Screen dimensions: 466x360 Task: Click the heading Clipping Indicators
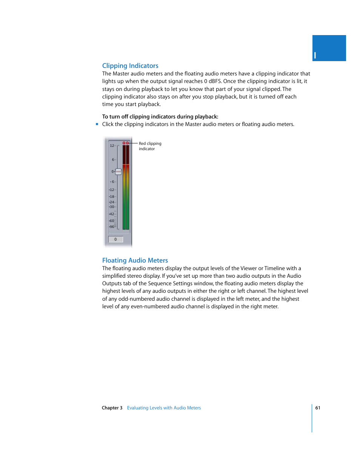[130, 66]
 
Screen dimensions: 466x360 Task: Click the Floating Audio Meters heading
[135, 260]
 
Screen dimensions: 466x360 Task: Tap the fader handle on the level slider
[118, 171]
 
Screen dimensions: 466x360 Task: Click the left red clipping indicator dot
[124, 143]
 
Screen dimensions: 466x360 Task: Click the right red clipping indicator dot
[128, 143]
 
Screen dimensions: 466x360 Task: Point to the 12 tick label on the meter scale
[112, 146]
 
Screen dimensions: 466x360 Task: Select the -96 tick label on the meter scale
[112, 227]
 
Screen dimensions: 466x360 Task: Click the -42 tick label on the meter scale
[112, 214]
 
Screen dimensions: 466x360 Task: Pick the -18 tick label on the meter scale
[112, 197]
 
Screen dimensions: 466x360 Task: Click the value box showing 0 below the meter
[115, 239]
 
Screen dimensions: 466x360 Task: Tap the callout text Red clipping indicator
[150, 146]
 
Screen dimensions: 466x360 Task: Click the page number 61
[318, 408]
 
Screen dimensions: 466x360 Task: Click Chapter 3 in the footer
[112, 408]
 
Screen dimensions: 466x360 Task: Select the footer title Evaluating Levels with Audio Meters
[164, 408]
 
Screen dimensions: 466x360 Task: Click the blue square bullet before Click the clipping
[97, 124]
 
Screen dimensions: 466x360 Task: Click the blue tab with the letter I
[329, 48]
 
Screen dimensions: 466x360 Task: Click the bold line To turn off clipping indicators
[160, 117]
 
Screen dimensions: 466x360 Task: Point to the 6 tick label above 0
[112, 160]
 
